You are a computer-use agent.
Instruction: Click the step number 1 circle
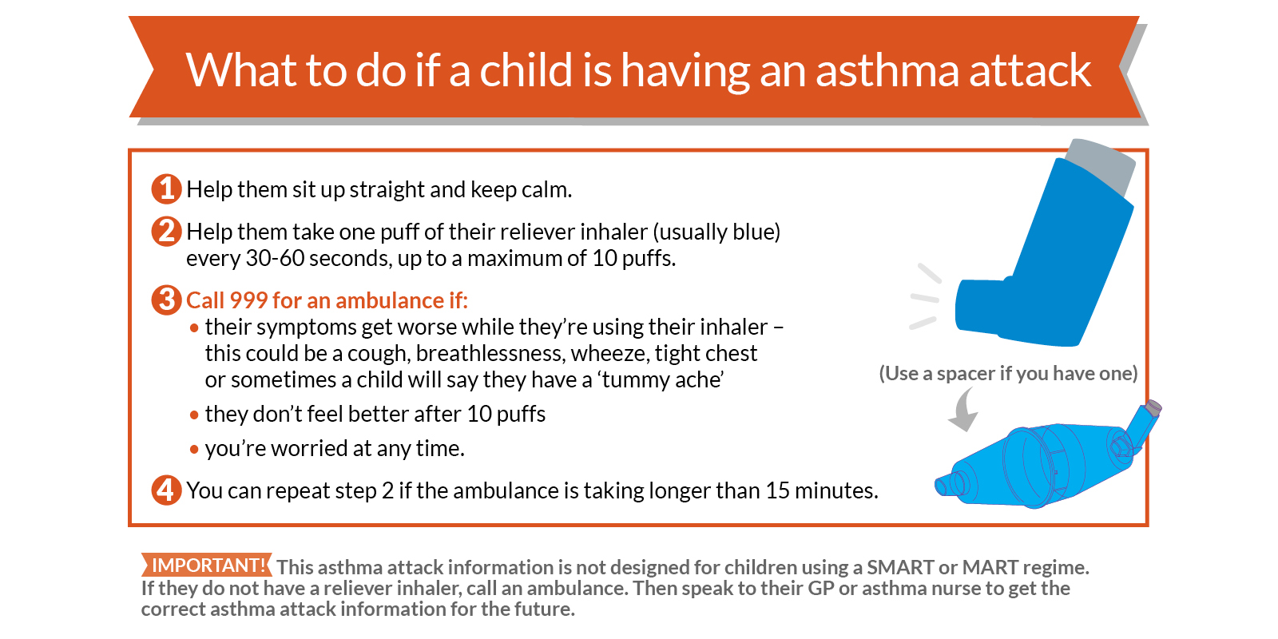point(166,189)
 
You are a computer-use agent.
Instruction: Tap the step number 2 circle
point(166,232)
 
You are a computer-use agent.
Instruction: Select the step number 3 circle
point(166,300)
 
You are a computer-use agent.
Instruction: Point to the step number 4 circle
point(166,490)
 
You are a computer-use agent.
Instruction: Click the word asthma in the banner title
point(887,70)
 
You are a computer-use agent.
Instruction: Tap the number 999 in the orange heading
point(248,300)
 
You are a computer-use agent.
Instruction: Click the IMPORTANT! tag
point(207,565)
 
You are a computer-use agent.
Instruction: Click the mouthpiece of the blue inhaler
point(982,306)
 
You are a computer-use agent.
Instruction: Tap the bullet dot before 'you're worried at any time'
point(195,450)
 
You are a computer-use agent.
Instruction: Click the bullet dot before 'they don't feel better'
point(195,415)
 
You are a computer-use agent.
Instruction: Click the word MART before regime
point(990,568)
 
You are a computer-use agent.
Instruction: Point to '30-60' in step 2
point(275,259)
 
